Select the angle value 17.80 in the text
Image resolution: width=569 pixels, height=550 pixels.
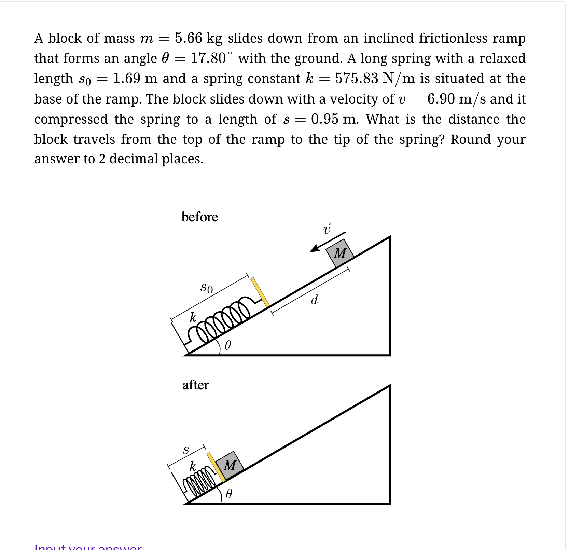pyautogui.click(x=208, y=58)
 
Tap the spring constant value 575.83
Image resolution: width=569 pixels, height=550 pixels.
pyautogui.click(x=357, y=79)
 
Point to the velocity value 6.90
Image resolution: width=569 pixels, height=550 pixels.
pyautogui.click(x=441, y=99)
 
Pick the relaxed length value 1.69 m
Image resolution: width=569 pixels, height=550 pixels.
pyautogui.click(x=135, y=79)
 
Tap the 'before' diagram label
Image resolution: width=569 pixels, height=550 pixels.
pyautogui.click(x=199, y=217)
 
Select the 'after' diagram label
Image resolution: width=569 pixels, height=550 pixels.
pyautogui.click(x=195, y=385)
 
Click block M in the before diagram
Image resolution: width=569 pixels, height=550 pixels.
pyautogui.click(x=339, y=253)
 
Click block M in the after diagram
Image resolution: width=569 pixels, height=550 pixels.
pyautogui.click(x=230, y=465)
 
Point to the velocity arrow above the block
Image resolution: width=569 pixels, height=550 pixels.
pyautogui.click(x=327, y=242)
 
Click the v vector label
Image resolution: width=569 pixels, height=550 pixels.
pyautogui.click(x=327, y=229)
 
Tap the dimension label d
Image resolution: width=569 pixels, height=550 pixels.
pyautogui.click(x=314, y=300)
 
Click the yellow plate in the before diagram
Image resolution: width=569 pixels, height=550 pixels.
pyautogui.click(x=260, y=292)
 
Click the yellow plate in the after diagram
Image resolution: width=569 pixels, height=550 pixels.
pyautogui.click(x=216, y=467)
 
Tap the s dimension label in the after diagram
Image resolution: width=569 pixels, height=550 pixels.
pyautogui.click(x=186, y=450)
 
